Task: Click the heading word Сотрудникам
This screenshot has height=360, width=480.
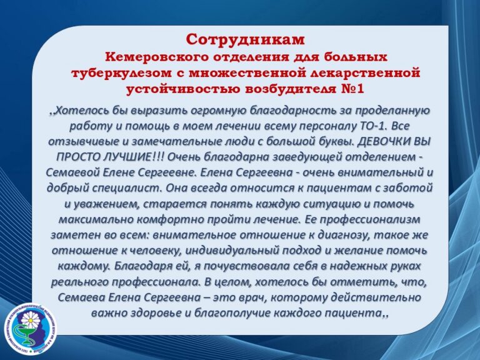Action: [245, 39]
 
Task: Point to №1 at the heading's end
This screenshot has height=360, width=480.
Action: [352, 89]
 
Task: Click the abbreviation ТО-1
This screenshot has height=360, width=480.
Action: [372, 126]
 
